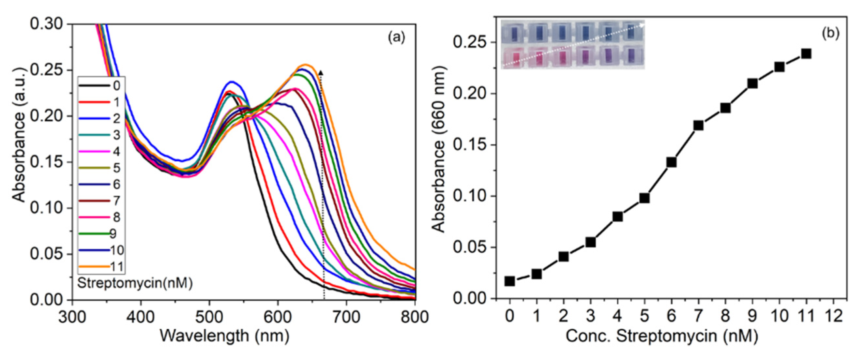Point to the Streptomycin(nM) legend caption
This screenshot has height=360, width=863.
coord(135,283)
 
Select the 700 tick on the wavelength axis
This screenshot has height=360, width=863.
coord(346,316)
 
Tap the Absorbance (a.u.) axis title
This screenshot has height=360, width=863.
coord(19,135)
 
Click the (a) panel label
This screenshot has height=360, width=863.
coord(397,37)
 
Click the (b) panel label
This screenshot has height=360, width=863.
coord(831,34)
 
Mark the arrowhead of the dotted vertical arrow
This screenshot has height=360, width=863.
coord(321,72)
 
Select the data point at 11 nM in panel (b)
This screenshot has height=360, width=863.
coord(806,53)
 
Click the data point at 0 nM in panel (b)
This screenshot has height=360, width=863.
coord(509,281)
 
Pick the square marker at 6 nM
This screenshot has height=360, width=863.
coord(671,162)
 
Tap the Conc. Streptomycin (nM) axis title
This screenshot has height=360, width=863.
coord(662,336)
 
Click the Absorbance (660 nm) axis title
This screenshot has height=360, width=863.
coord(439,149)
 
